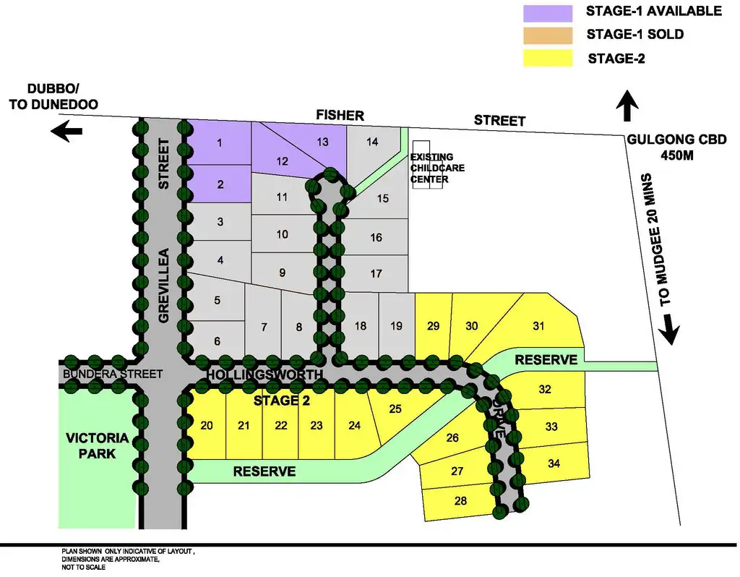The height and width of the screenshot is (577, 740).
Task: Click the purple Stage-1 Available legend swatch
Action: [x=548, y=12]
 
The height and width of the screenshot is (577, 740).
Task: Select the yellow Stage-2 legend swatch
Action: [x=548, y=58]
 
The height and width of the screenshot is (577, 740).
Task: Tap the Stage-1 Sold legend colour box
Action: [x=548, y=35]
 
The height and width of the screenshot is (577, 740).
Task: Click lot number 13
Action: [x=322, y=142]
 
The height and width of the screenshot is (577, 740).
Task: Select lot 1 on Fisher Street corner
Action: [x=219, y=142]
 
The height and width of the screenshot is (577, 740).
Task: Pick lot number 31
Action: [x=538, y=325]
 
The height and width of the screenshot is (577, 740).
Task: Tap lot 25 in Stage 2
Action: [x=395, y=409]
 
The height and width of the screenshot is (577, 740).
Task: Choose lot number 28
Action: [x=461, y=500]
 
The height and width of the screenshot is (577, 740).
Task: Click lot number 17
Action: [x=376, y=274]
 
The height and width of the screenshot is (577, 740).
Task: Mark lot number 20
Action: [x=207, y=425]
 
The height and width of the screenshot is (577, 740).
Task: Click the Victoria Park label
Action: [x=97, y=446]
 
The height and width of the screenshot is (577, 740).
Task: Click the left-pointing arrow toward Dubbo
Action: [x=66, y=132]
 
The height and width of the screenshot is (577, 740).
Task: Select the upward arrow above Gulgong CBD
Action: [x=627, y=106]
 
